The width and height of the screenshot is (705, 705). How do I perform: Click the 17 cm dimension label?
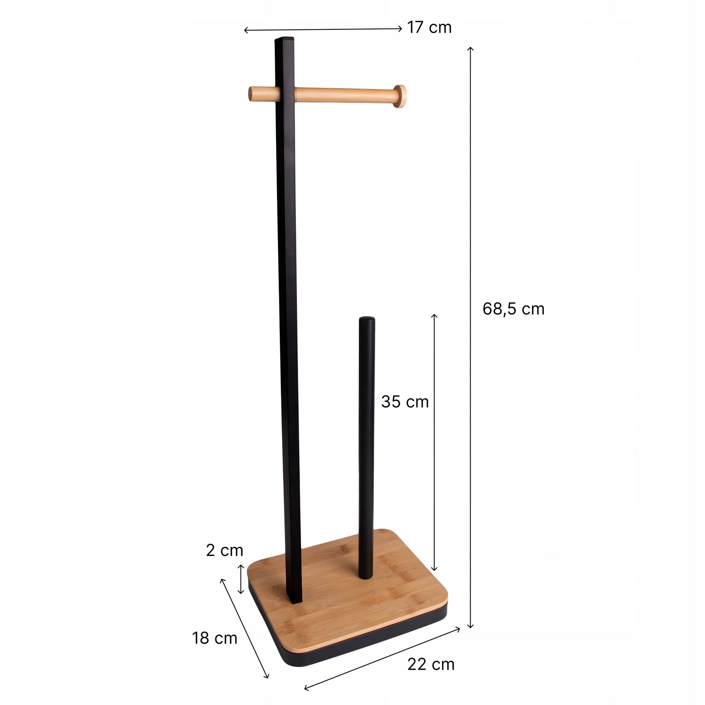(429, 28)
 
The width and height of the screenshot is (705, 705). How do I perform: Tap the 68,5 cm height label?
(513, 309)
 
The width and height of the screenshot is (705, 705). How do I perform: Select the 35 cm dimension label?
(405, 402)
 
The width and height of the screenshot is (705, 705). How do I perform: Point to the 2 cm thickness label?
(224, 550)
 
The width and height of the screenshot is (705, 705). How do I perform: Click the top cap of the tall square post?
(285, 38)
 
